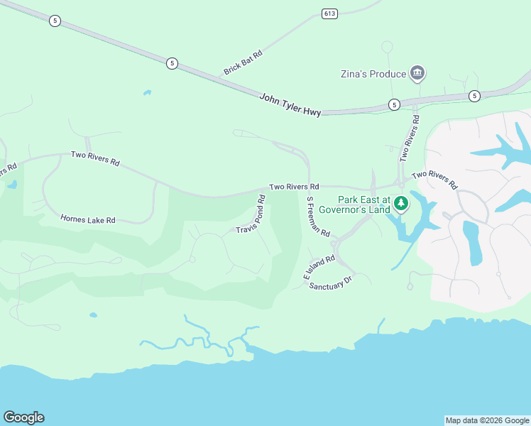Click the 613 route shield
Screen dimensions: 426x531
pos(329,13)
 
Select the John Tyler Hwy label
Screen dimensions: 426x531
pos(290,104)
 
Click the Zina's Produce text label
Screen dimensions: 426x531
pos(372,74)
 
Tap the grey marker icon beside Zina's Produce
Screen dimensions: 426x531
pos(417,73)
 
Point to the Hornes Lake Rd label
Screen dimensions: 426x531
pos(88,220)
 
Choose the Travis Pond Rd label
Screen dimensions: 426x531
pos(251,215)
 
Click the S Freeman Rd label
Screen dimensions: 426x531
pos(318,217)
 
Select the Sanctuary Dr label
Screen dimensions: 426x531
pos(330,282)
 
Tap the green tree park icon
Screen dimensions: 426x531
pos(401,204)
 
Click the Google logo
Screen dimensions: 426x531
pos(23,417)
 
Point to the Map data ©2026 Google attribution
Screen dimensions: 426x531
pos(487,420)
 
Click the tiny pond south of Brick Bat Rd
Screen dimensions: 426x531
pos(147,92)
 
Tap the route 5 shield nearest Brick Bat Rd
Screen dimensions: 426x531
pos(172,63)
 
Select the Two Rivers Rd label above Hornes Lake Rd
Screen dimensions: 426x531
pos(94,158)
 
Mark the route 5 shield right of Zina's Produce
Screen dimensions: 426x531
pos(474,96)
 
